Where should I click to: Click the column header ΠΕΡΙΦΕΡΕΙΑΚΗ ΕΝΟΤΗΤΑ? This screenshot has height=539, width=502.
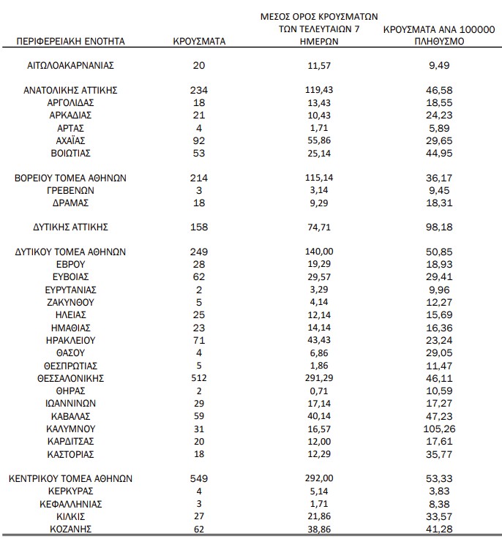pyautogui.click(x=70, y=42)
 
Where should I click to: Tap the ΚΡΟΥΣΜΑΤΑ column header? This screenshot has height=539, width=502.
pyautogui.click(x=198, y=42)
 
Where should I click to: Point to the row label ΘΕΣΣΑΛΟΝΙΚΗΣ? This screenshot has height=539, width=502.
pyautogui.click(x=70, y=378)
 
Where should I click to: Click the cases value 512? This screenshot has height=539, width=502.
pyautogui.click(x=198, y=378)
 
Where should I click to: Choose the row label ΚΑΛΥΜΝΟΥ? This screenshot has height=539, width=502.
pyautogui.click(x=70, y=429)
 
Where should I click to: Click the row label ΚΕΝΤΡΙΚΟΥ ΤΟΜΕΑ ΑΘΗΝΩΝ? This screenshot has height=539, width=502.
pyautogui.click(x=70, y=478)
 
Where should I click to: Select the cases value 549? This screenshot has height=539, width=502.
pyautogui.click(x=198, y=478)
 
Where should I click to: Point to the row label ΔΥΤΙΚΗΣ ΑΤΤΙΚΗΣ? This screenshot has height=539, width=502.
pyautogui.click(x=70, y=227)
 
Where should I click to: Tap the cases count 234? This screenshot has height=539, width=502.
pyautogui.click(x=198, y=89)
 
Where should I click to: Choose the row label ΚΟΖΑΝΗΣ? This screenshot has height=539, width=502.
pyautogui.click(x=70, y=528)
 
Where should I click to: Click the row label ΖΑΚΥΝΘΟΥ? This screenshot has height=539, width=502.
pyautogui.click(x=70, y=303)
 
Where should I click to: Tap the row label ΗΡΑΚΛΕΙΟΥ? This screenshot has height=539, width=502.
pyautogui.click(x=70, y=340)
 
